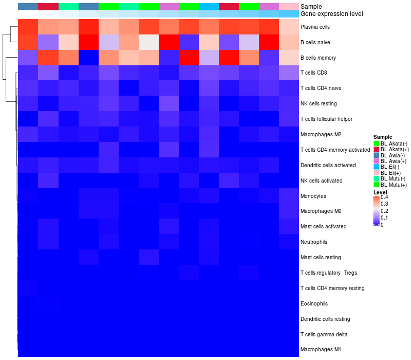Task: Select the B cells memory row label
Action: click(x=317, y=58)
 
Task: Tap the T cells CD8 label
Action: click(x=313, y=73)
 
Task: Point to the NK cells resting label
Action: click(x=319, y=104)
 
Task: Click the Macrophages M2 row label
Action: click(x=320, y=135)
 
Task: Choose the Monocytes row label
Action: click(x=313, y=196)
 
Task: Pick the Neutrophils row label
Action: click(x=314, y=242)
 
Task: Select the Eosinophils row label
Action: click(x=314, y=303)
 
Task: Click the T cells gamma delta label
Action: click(x=322, y=334)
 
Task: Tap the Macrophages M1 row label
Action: click(x=321, y=350)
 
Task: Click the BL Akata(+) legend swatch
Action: click(x=377, y=149)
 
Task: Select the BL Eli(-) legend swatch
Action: click(x=377, y=167)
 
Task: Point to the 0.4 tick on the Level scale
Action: click(x=384, y=197)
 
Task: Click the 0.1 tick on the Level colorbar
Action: click(x=384, y=218)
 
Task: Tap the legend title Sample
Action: click(x=382, y=137)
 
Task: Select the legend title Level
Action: click(x=380, y=192)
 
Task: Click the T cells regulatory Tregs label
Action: click(x=328, y=273)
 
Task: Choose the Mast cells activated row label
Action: click(x=323, y=226)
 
